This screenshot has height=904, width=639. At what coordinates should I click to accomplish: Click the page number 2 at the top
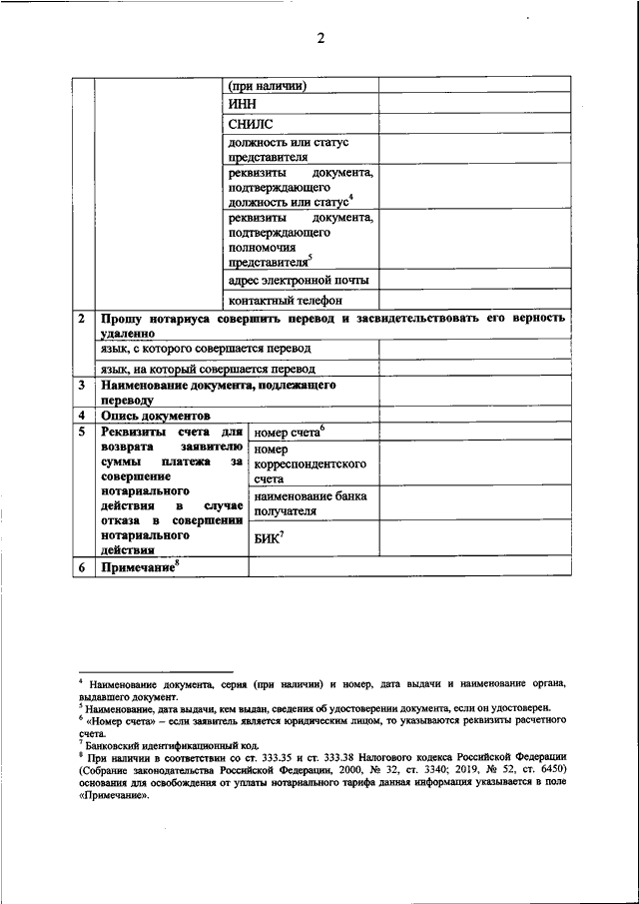click(320, 39)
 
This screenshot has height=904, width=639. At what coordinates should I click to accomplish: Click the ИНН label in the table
click(243, 103)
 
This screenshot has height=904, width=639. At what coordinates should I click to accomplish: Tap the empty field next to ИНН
click(474, 103)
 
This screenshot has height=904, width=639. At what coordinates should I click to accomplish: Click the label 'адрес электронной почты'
click(299, 280)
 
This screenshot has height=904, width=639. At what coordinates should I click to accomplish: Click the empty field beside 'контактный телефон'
click(474, 300)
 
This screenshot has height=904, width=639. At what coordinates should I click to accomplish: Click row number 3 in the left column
click(82, 385)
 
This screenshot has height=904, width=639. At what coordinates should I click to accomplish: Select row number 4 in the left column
click(82, 415)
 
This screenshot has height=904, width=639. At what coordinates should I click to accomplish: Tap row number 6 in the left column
click(82, 567)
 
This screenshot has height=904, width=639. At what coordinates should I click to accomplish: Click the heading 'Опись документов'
click(155, 415)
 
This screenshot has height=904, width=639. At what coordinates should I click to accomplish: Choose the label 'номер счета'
click(289, 434)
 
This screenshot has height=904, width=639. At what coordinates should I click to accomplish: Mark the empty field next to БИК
click(474, 539)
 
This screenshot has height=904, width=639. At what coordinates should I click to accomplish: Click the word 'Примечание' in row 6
click(138, 567)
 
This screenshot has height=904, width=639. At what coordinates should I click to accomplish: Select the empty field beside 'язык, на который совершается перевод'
click(474, 369)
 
